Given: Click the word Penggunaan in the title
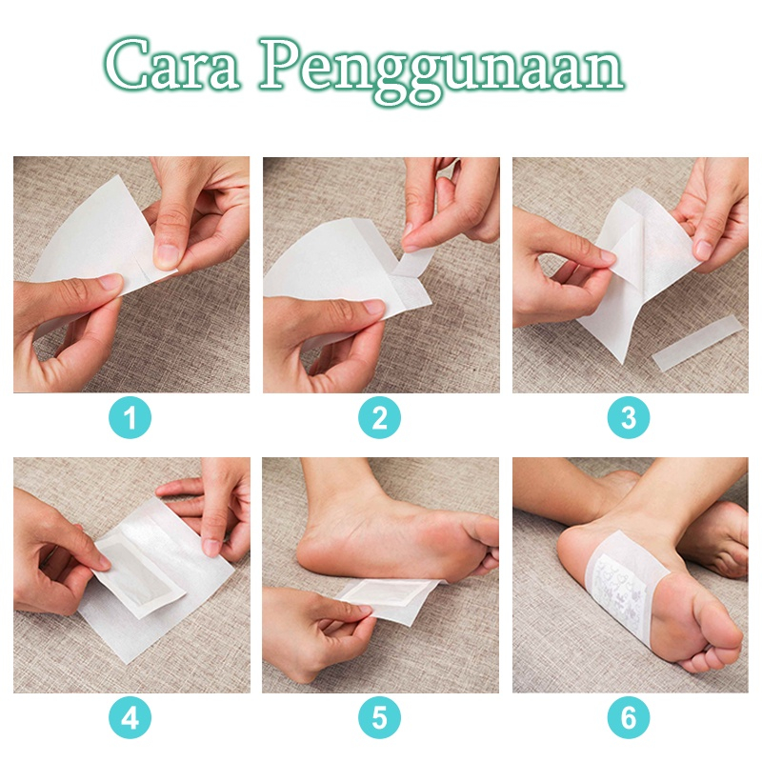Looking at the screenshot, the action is (x=441, y=70).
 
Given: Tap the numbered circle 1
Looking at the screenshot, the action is (x=130, y=417).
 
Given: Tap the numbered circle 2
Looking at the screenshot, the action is (x=379, y=417).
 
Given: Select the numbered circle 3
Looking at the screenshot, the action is (x=629, y=417).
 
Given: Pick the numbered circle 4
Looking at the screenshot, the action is (x=130, y=717).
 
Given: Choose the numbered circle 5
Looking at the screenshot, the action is (x=379, y=717).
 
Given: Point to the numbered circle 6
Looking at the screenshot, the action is (x=629, y=717).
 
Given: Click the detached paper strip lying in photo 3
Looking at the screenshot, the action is (x=697, y=342).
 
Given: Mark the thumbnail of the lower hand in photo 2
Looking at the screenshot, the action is (x=373, y=307).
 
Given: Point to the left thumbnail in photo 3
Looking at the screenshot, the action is (x=608, y=256).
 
